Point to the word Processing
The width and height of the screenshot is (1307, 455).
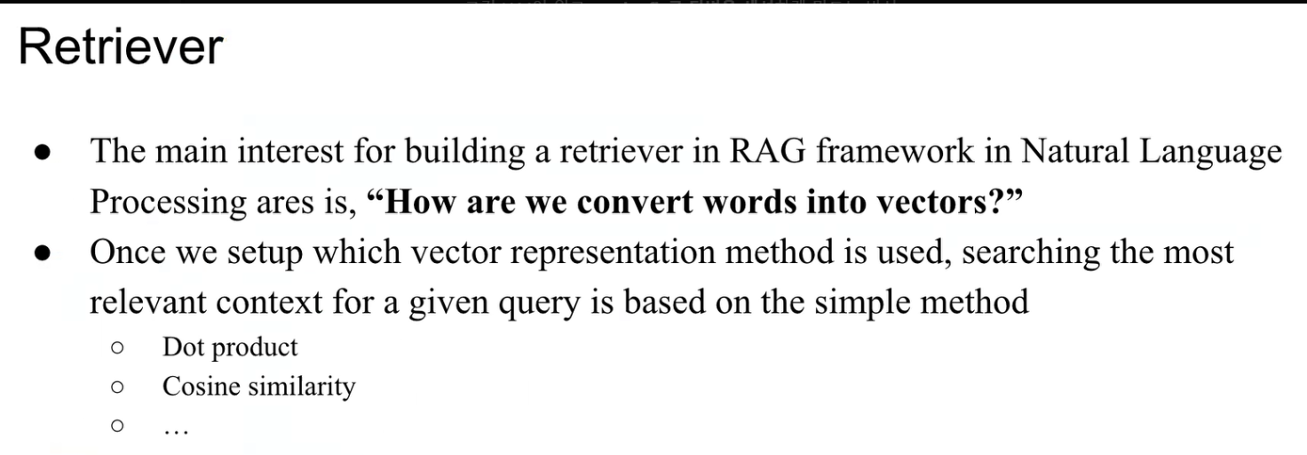[x=168, y=203]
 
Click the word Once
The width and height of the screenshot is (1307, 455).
[x=131, y=252]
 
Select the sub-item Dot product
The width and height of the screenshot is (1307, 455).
[x=230, y=347]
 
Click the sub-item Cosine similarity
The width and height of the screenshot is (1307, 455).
[x=258, y=387]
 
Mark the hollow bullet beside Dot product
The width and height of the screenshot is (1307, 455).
[x=116, y=347]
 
